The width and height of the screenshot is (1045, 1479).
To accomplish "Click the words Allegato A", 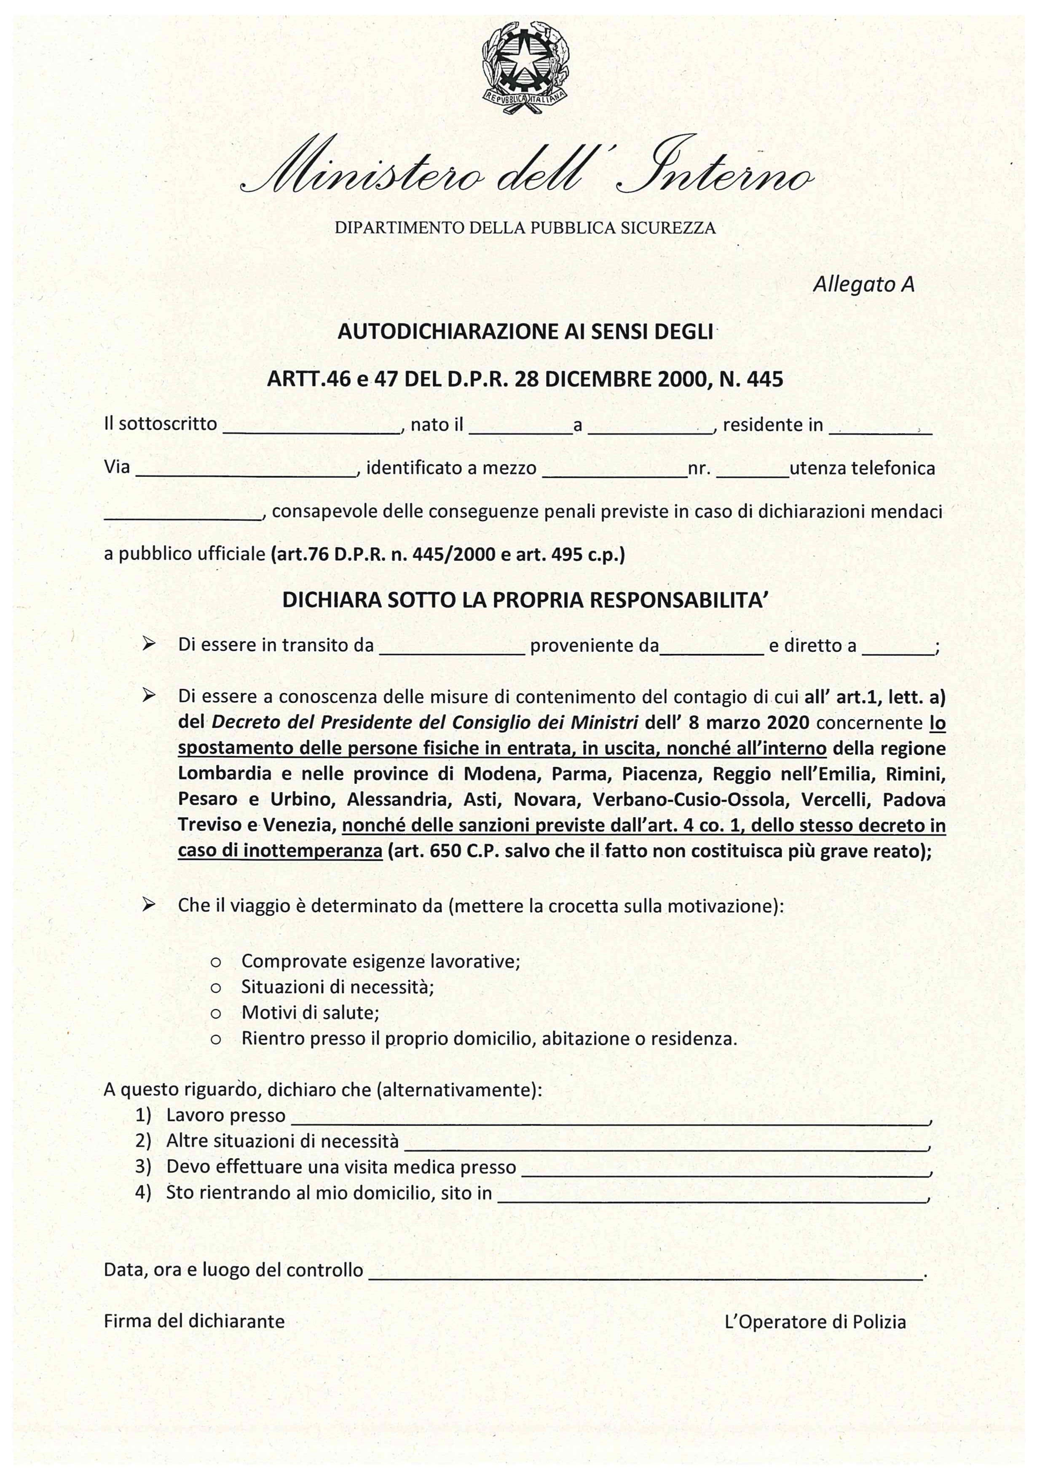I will [x=863, y=284].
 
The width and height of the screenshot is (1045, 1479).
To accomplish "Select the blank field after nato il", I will [x=520, y=428].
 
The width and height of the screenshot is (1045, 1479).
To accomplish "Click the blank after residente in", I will [x=880, y=428].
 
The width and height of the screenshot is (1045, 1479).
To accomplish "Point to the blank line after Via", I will [x=246, y=470].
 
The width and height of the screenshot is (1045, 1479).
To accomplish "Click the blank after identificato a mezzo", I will [x=615, y=470].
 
